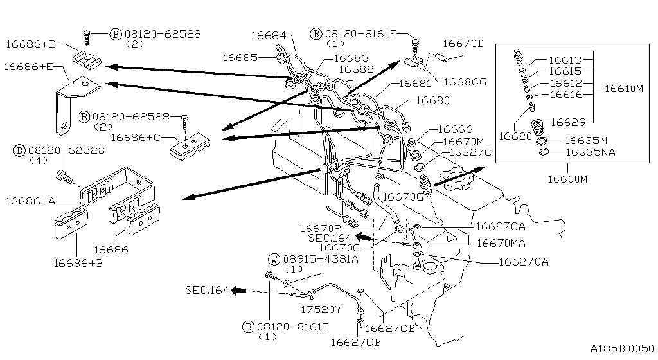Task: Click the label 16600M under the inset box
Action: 568,180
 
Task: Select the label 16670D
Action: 463,44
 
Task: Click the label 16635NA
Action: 589,152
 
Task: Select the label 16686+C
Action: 136,137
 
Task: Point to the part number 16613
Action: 566,59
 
